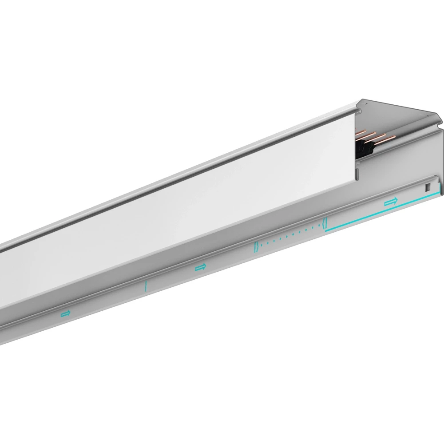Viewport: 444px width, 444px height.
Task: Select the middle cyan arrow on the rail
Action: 200,267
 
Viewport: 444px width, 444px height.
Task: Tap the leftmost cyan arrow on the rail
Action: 66,313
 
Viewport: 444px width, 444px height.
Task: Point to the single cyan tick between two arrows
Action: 145,286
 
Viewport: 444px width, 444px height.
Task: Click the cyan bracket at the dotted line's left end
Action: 255,247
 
